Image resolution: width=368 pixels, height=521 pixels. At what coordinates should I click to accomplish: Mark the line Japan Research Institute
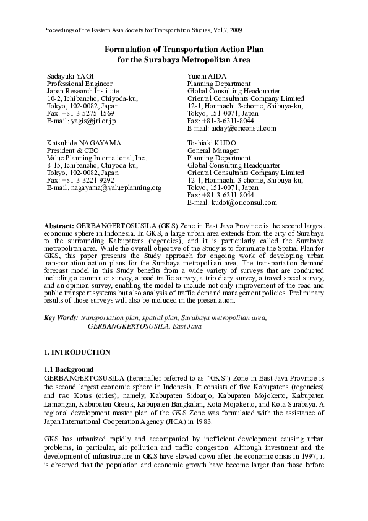pos(83,91)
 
